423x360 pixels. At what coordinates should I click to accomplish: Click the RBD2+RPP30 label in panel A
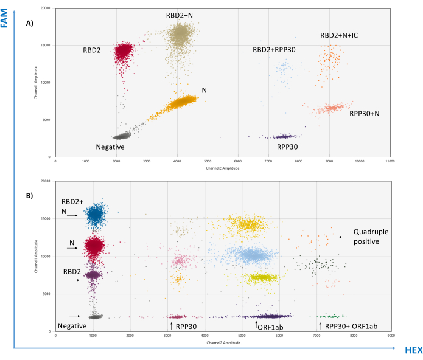[x=274, y=49]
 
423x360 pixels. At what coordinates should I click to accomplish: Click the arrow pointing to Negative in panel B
[x=75, y=316]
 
